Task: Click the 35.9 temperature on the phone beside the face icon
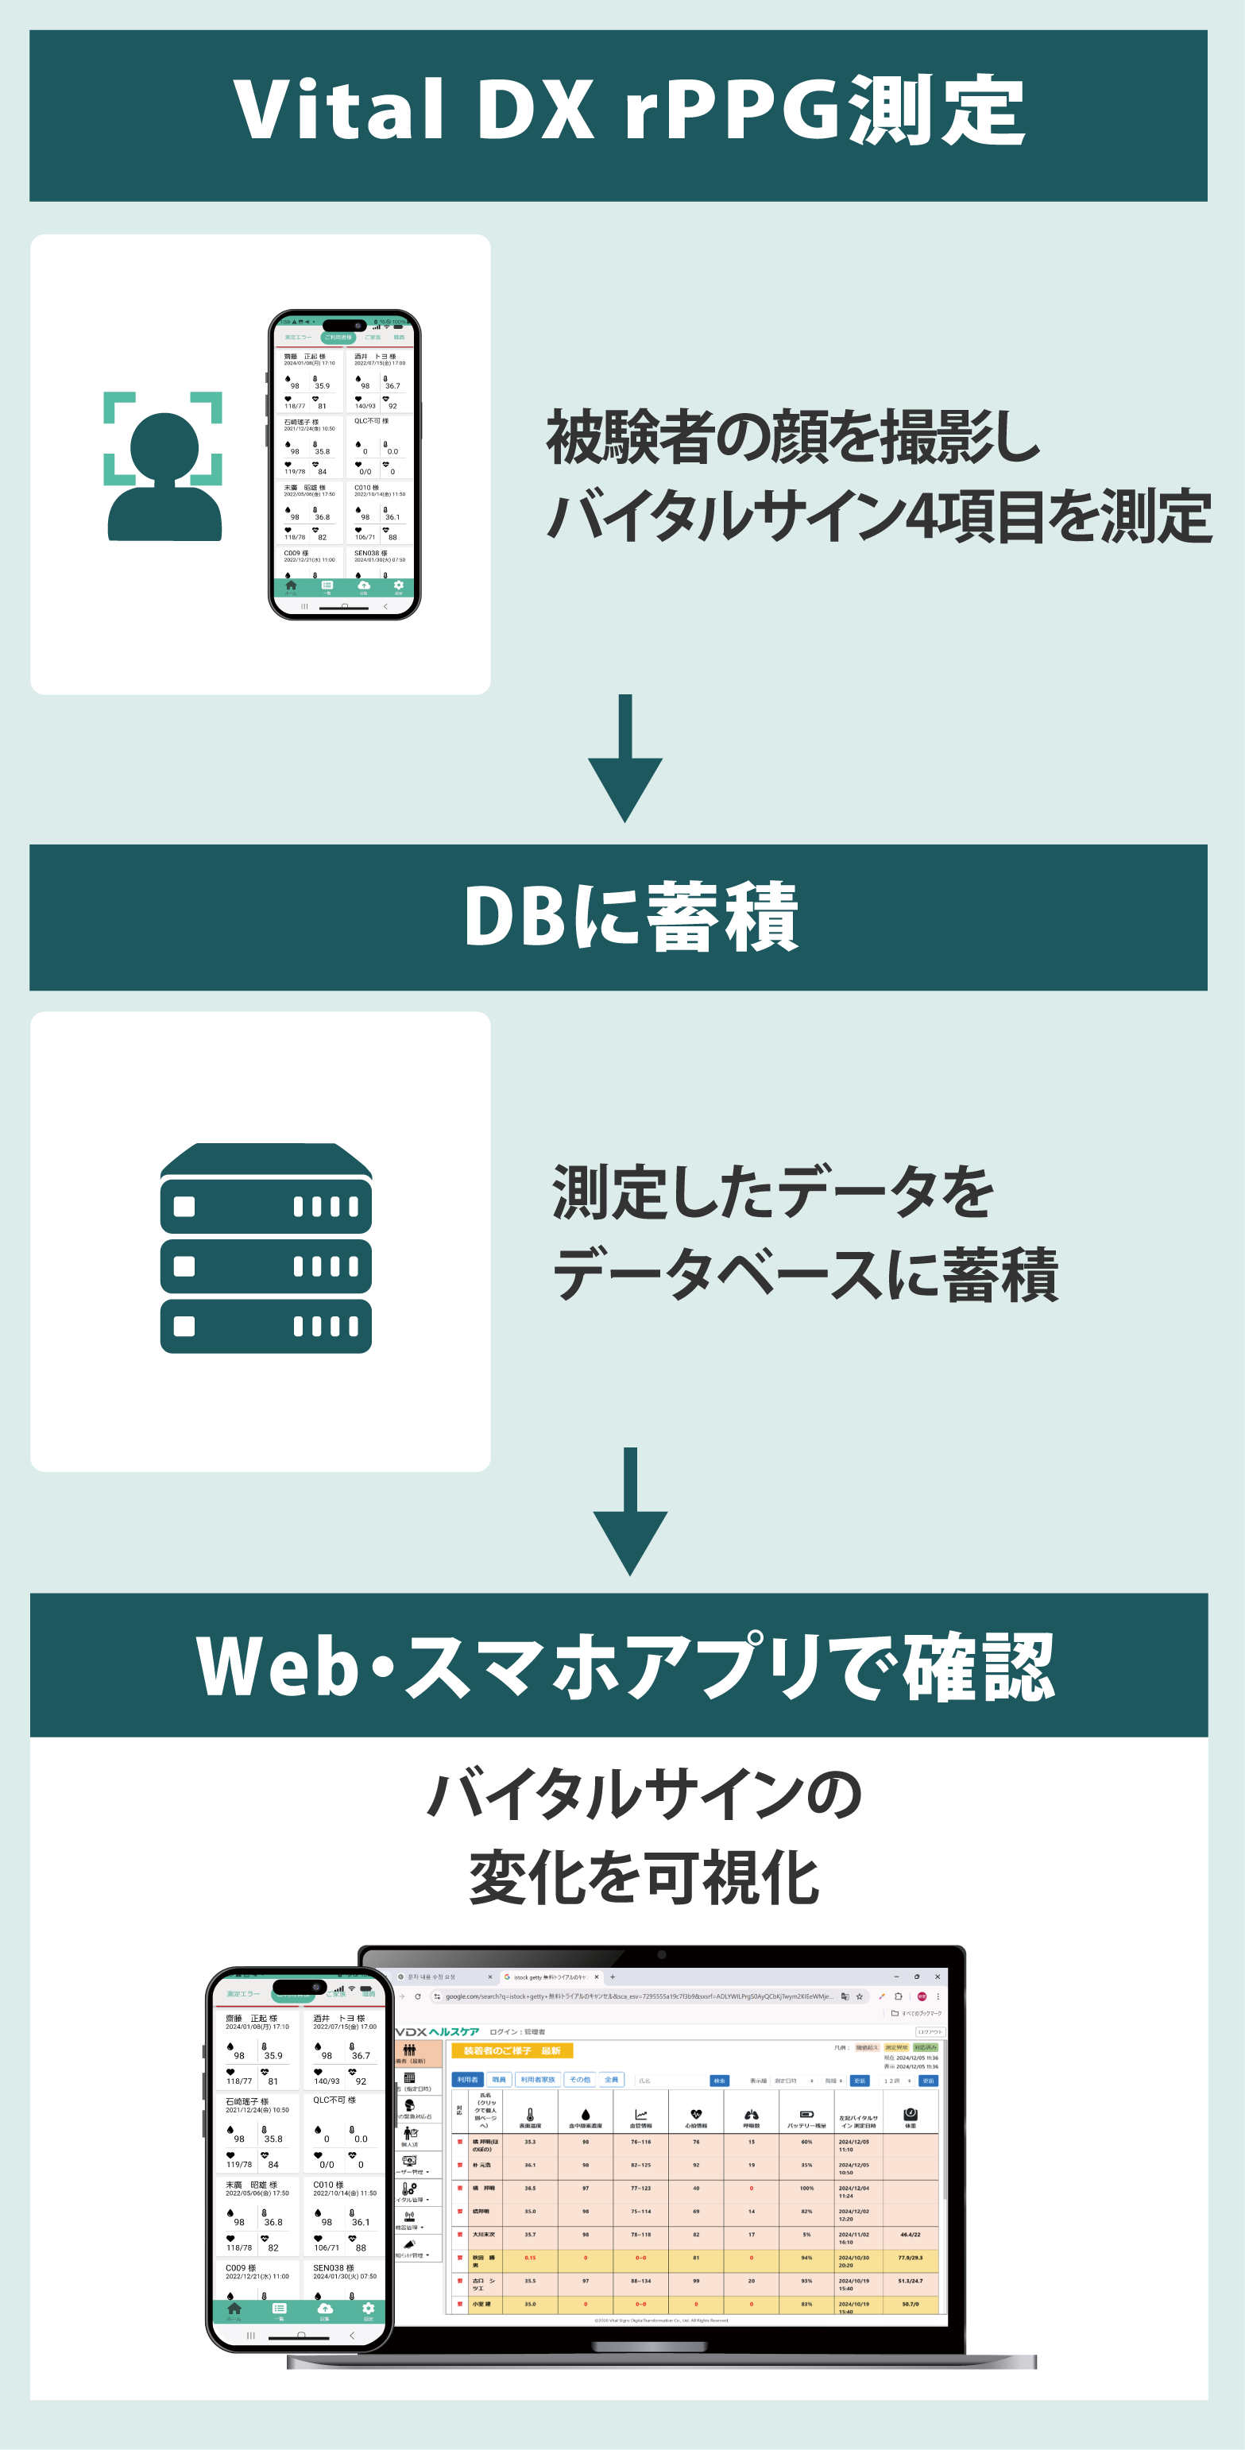tap(323, 386)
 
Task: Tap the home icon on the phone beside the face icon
tap(291, 585)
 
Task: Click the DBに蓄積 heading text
tap(628, 917)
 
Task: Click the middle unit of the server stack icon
tap(265, 1266)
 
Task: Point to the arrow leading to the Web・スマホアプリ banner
tap(629, 1513)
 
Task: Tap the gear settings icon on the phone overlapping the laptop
tap(368, 2309)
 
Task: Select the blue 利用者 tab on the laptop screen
tap(467, 2079)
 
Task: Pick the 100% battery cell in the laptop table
tap(806, 2189)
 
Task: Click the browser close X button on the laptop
tap(937, 1977)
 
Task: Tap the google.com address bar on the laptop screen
tap(637, 1996)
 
